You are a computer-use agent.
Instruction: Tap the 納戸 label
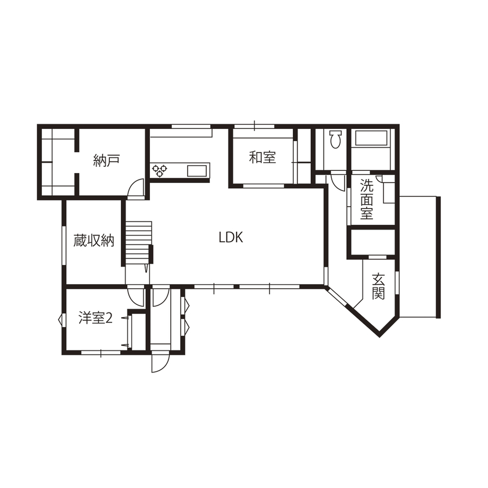coord(106,161)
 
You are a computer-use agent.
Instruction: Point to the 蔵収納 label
coord(93,240)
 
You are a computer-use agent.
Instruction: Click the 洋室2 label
coord(95,318)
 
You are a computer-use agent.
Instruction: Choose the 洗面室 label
coord(366,199)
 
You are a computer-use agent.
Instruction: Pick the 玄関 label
coord(378,285)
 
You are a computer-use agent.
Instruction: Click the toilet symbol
coord(335,140)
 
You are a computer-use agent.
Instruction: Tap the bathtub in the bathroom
coord(371,139)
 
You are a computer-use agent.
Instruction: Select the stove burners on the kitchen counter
coord(160,170)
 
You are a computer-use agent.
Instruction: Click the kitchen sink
coord(196,170)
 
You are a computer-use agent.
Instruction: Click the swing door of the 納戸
coord(136,189)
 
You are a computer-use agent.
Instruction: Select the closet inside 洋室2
coord(135,331)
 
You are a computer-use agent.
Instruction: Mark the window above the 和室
coord(254,126)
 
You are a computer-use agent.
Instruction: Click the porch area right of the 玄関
coord(418,256)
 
